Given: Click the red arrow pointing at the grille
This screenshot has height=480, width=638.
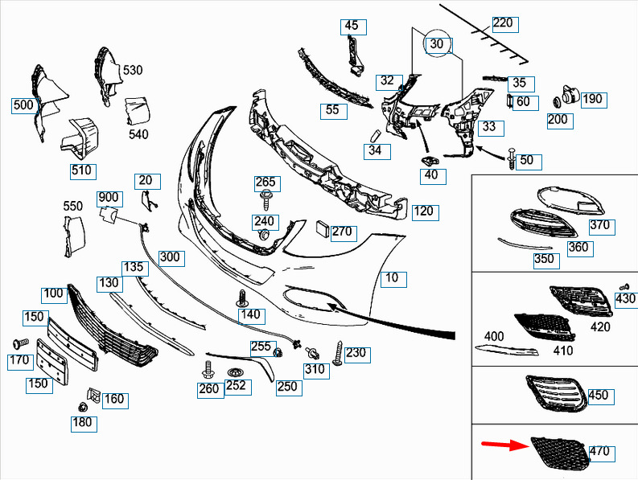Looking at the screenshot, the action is click(x=504, y=445).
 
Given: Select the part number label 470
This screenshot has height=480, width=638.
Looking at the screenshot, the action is click(x=600, y=452).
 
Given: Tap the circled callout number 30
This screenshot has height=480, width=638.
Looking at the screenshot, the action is click(x=436, y=43).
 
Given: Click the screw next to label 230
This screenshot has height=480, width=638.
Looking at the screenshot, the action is click(x=338, y=353).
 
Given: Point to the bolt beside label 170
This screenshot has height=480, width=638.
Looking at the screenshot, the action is click(x=20, y=344).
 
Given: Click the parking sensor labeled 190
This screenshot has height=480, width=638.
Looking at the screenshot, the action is click(x=570, y=96).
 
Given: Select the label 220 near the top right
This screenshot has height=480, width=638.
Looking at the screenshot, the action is click(x=504, y=23).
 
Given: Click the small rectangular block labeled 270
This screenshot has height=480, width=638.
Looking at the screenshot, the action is click(x=323, y=228).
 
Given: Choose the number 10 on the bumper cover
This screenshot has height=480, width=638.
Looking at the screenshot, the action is click(x=393, y=278).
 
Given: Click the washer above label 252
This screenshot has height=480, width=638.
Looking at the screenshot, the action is click(x=235, y=372).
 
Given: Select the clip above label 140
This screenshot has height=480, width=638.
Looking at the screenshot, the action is click(x=242, y=298).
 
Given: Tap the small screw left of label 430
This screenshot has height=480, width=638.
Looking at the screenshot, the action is click(x=624, y=287).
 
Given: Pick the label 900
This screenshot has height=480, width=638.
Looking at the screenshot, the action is click(x=109, y=198).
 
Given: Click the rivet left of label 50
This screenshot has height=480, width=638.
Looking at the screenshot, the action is click(x=512, y=159).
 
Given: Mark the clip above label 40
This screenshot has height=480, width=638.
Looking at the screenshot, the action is click(x=429, y=160).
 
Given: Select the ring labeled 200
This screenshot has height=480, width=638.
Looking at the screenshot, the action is click(x=557, y=101).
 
